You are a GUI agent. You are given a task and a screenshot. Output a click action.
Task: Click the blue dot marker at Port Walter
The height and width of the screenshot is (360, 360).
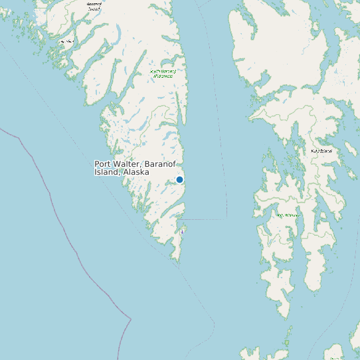(x=179, y=179)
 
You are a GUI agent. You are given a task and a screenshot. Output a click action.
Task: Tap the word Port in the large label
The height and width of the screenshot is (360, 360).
(x=103, y=164)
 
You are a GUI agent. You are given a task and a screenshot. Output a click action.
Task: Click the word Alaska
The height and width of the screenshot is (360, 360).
(x=135, y=172)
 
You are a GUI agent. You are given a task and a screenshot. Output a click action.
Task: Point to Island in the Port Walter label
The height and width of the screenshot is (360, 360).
(x=106, y=172)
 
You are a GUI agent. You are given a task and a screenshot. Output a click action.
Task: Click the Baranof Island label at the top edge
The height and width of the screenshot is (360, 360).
(x=94, y=5)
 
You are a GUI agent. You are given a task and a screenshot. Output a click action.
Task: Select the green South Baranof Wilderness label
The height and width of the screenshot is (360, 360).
(x=163, y=73)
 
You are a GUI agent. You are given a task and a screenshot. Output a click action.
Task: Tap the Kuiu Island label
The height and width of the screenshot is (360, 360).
(x=321, y=151)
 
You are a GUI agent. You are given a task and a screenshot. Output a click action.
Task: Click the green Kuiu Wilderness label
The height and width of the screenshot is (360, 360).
(x=288, y=215)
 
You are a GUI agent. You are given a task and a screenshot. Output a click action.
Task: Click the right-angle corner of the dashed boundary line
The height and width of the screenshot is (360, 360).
(x=226, y=219)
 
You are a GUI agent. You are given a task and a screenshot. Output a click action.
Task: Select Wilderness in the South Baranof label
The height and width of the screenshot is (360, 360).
(x=163, y=76)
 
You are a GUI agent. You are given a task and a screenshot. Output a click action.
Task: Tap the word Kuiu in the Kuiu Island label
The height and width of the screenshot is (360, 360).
(x=316, y=151)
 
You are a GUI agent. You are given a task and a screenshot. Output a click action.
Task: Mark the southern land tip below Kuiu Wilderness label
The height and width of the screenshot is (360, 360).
(x=286, y=316)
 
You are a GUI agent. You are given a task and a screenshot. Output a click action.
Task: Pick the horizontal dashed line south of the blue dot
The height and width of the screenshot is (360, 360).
(x=203, y=219)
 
